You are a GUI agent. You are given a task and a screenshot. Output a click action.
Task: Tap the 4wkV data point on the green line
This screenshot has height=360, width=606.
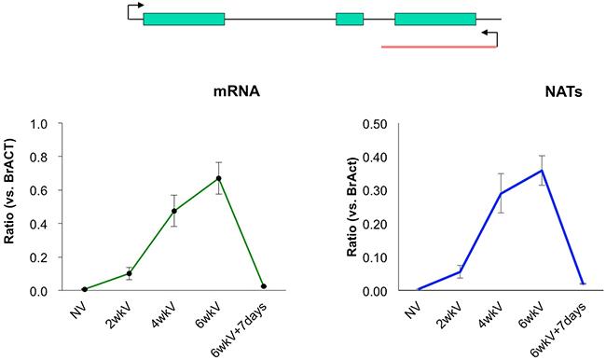point(173,211)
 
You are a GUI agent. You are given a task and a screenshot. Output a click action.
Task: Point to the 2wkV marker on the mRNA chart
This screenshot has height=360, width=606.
point(129,273)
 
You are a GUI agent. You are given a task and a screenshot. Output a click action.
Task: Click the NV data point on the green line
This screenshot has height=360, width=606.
point(84,289)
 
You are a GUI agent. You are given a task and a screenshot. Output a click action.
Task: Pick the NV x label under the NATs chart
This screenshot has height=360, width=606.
point(411,304)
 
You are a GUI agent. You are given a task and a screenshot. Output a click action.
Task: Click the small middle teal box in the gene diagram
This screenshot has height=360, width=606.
point(350,19)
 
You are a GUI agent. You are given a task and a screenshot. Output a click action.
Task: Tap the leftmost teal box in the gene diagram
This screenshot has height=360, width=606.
point(184,19)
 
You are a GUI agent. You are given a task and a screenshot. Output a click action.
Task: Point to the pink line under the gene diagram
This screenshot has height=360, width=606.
point(438,44)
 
